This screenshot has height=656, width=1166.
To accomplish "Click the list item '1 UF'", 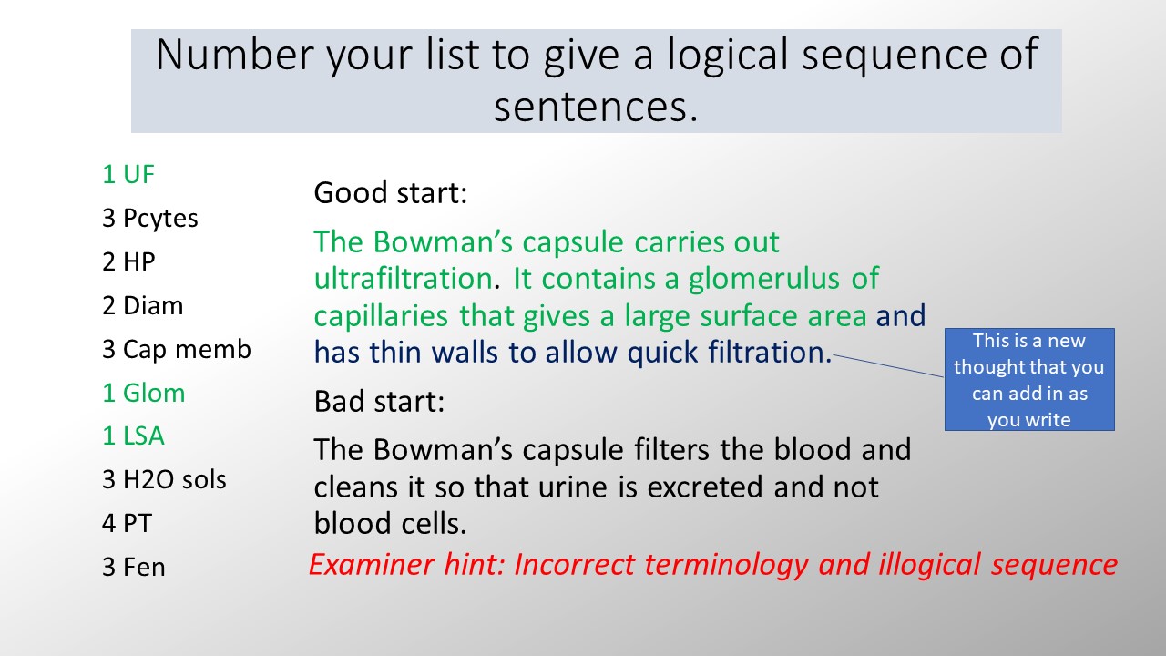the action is coord(128,174).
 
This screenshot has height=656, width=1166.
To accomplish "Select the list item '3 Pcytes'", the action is coord(150,219).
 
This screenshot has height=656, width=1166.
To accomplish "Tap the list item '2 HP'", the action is coord(128,261).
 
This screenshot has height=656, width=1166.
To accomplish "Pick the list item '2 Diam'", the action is coord(143,305).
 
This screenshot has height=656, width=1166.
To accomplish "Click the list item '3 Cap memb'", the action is coord(177,349).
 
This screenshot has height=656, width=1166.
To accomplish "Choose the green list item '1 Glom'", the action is coord(144,393).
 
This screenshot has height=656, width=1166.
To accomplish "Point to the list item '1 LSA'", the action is coord(133,436).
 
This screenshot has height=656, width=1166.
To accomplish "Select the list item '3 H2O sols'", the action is coord(164,480).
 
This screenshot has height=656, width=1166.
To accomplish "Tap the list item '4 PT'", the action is coord(127,524).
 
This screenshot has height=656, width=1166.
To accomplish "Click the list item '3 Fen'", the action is coord(134,568).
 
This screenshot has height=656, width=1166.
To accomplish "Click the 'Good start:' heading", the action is coord(391,193).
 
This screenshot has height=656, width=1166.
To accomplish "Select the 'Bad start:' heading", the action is coord(379,402).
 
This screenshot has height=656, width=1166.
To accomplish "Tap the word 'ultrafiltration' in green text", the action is coord(404,279).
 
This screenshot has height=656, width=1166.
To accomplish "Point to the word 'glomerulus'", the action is coord(763,280).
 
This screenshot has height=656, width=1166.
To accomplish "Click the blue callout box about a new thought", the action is coord(1029,380).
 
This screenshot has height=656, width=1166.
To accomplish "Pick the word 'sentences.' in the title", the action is coord(596,108).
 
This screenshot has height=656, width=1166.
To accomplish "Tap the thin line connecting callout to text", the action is coord(888,366).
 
